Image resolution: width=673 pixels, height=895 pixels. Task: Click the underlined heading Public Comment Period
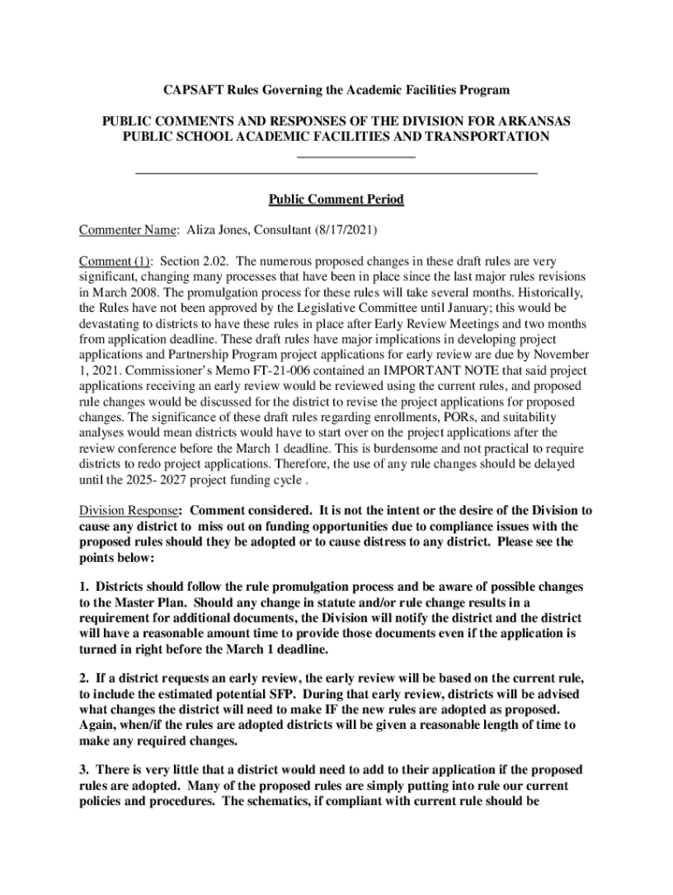click(x=336, y=200)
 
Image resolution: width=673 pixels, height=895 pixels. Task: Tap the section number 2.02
click(x=214, y=261)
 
